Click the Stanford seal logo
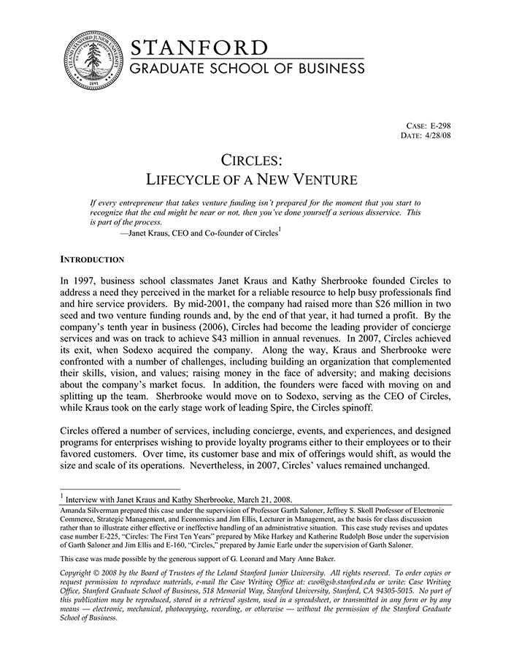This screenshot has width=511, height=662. coord(91,61)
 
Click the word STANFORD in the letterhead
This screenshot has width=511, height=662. coord(199,48)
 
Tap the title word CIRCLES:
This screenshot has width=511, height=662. coord(252,159)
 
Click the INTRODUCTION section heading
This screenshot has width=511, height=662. coord(92,259)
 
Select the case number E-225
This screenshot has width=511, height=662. coord(113,536)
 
